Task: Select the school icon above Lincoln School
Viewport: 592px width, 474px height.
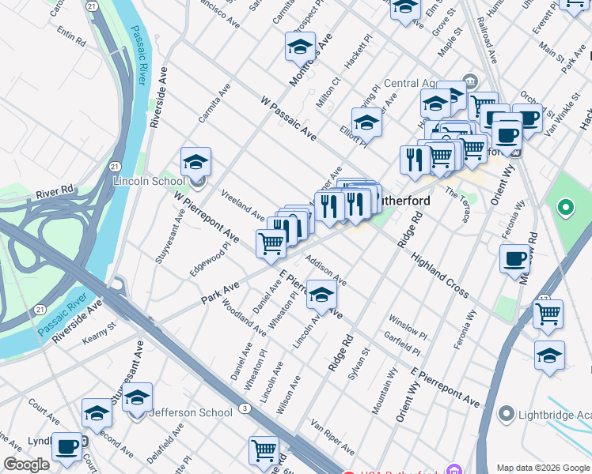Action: (195, 162)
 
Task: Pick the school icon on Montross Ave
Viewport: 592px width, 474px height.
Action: (300, 47)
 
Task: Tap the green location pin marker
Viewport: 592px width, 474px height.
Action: (565, 209)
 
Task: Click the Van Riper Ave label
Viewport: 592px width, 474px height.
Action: (332, 437)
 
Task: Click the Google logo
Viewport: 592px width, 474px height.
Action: (26, 465)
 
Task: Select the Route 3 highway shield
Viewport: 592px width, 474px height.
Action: (246, 408)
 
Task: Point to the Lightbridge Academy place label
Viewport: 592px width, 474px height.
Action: (554, 414)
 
